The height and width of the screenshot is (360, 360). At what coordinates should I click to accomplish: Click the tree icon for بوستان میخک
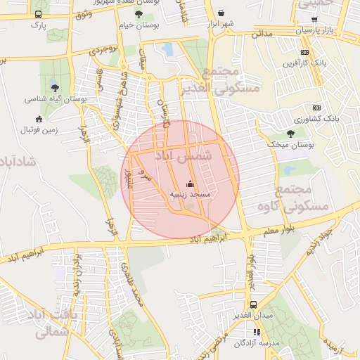291,134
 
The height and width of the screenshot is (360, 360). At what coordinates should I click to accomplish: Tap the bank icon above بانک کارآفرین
304,52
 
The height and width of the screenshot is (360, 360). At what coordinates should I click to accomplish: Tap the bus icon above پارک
37,14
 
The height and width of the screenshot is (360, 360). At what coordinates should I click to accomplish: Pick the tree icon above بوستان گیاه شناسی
55,88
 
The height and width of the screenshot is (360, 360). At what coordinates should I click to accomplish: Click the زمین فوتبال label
38,130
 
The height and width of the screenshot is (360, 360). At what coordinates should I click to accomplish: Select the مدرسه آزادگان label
257,342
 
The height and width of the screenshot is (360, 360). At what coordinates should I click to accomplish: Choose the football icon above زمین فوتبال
38,119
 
